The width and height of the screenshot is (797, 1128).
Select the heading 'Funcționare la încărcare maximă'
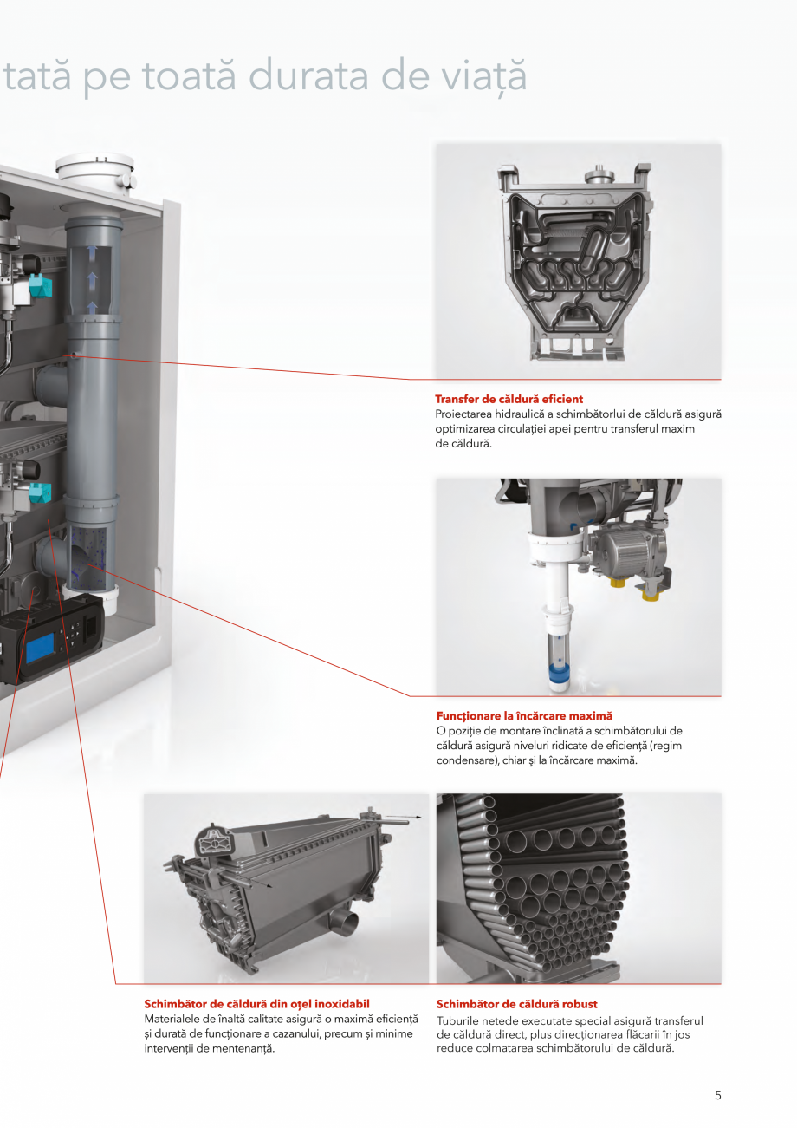click(523, 716)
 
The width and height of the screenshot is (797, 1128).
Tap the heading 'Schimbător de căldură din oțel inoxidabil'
click(256, 1004)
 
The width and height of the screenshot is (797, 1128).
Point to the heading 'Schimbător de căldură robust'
click(516, 1004)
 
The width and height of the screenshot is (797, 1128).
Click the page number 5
click(717, 1095)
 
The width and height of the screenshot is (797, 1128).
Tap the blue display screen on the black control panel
click(41, 648)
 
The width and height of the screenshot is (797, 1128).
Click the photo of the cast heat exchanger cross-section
click(578, 260)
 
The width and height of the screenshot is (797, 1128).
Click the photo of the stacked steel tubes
click(578, 888)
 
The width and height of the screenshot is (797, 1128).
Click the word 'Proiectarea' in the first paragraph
click(466, 414)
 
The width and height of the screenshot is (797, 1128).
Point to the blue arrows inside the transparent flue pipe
click(92, 277)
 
